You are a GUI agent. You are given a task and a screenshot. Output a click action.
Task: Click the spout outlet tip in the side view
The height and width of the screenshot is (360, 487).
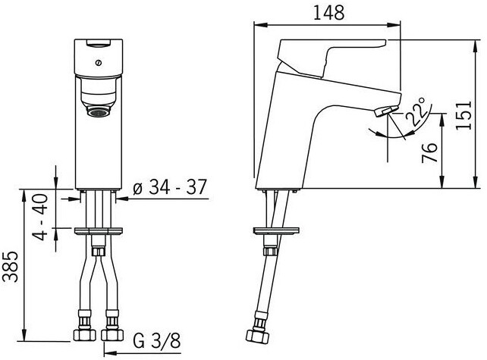(384, 113)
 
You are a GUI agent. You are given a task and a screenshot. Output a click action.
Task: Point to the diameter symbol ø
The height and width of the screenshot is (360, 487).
(137, 189)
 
